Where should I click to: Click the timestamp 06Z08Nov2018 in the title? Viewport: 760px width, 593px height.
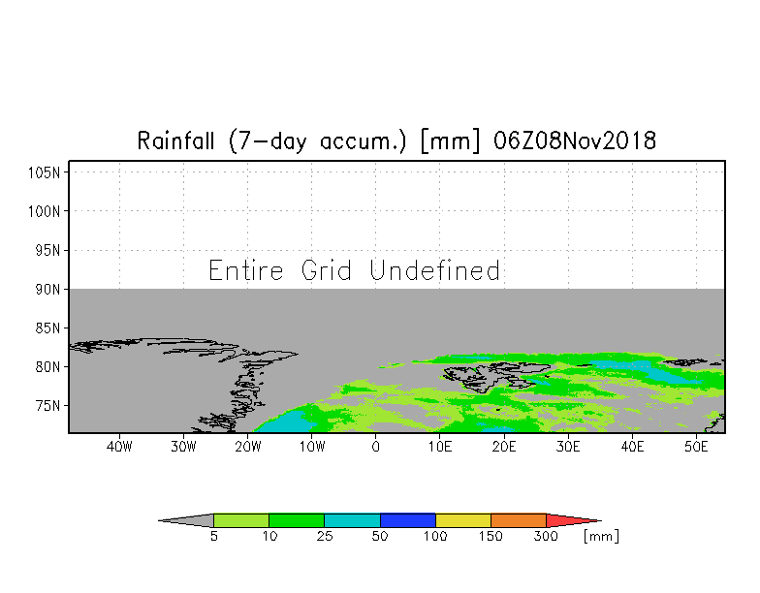tap(575, 141)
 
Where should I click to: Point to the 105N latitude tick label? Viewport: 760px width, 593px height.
tap(47, 172)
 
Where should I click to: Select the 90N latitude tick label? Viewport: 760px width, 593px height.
tap(49, 289)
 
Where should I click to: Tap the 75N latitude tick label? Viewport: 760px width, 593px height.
tap(49, 405)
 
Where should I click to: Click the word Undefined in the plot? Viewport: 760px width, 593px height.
tap(435, 270)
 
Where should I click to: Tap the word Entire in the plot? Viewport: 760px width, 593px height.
tap(247, 270)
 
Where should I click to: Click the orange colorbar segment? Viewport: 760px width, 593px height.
tap(519, 520)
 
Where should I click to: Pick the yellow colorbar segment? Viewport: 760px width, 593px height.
tap(463, 520)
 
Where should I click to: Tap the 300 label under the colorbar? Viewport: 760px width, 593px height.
tap(547, 536)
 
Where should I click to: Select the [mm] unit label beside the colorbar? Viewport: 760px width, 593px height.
tap(601, 536)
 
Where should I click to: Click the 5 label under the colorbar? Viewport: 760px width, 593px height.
tap(213, 536)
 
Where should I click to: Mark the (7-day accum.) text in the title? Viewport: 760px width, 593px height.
tap(320, 141)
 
